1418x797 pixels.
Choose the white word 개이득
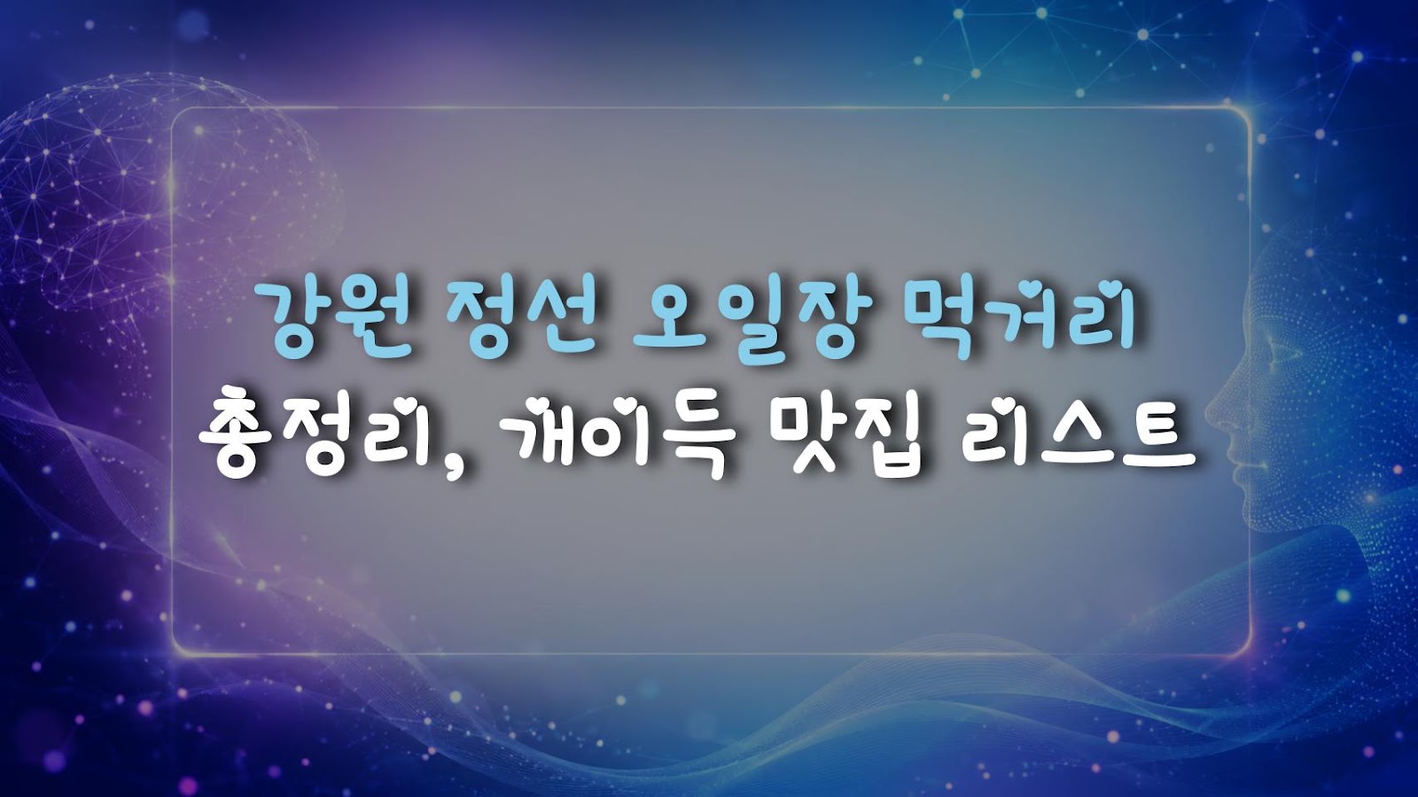point(618,438)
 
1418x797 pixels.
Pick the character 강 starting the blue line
point(296,319)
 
